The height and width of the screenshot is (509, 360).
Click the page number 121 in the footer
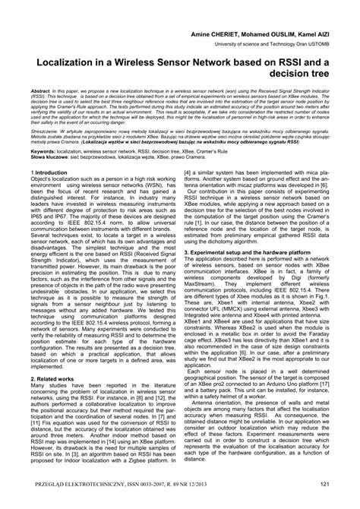click(323, 485)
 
